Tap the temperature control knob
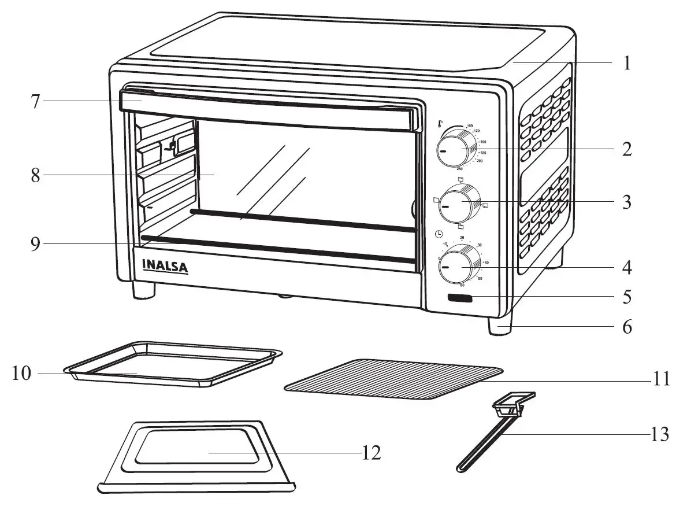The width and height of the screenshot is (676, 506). (456, 149)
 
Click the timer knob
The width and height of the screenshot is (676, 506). (458, 266)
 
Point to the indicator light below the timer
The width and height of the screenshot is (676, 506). (459, 299)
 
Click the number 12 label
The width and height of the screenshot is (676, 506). (372, 453)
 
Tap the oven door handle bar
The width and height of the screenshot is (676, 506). (266, 107)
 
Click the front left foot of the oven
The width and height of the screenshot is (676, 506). (144, 289)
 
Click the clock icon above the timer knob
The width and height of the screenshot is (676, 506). (439, 234)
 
